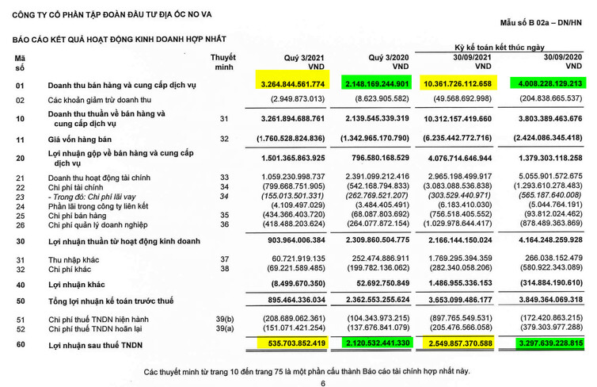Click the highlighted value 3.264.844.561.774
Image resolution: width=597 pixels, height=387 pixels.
tap(292, 84)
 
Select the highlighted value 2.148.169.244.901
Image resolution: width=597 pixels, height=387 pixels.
tap(376, 84)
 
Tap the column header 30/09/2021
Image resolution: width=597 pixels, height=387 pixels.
tap(473, 58)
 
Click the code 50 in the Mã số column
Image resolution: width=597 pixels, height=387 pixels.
tap(21, 301)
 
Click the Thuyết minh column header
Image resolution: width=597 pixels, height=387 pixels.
tap(223, 63)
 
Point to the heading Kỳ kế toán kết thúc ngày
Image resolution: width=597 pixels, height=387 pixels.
tap(501, 48)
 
